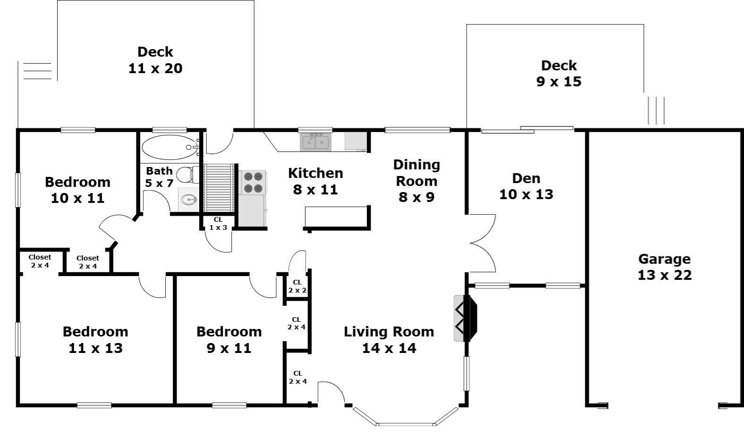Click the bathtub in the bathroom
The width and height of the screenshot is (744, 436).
169,147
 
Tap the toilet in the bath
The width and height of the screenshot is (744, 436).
187,174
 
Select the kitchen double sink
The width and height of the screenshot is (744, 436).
316,142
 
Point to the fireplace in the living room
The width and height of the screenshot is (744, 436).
465,318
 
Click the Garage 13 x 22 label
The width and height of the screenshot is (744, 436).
664,267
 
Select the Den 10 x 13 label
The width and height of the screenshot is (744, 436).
526,186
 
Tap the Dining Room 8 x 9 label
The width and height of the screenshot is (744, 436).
416,181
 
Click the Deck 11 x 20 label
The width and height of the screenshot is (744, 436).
155,60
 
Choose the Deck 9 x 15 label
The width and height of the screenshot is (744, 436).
559,74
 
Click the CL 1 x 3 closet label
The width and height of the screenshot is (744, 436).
218,224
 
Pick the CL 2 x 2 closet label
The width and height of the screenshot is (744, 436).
297,286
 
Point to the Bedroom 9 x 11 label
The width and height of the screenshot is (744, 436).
229,340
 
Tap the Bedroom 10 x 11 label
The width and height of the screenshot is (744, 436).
77,190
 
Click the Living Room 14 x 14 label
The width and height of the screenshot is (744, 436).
389,340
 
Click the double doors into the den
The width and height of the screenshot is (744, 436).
482,243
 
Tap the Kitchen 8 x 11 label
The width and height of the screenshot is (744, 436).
315,181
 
